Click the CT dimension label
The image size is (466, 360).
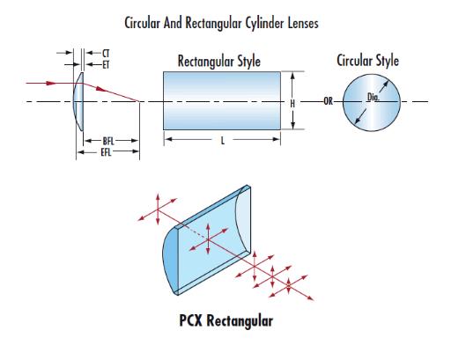point(106,54)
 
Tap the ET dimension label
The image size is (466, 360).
point(106,65)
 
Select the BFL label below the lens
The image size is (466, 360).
point(108,141)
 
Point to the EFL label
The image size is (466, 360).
point(106,152)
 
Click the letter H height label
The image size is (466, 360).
point(292,103)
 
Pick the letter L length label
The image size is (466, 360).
point(223,141)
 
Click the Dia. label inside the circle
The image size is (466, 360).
point(374,97)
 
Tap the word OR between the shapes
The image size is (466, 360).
point(328,101)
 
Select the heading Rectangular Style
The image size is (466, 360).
point(219,62)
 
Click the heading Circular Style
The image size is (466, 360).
point(367,61)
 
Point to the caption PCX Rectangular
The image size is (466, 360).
point(226,320)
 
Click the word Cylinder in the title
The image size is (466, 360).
point(264,23)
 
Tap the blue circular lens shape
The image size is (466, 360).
point(372,102)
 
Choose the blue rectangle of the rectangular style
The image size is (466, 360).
point(222,100)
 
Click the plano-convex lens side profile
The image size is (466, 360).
point(78,101)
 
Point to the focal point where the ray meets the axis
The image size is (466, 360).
point(139,101)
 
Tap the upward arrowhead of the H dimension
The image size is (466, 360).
point(292,76)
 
